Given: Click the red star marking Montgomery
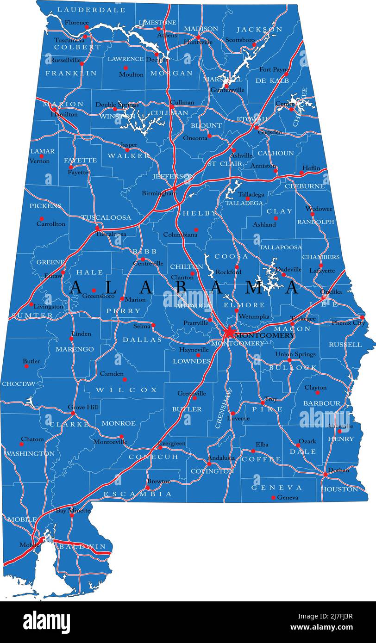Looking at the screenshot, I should (229, 333).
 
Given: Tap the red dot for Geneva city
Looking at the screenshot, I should (273, 498).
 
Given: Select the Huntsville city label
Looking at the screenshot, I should (198, 42).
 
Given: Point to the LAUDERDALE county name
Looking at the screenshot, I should (91, 10).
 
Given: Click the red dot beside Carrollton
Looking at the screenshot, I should (41, 219).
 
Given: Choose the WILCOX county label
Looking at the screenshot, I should (127, 390).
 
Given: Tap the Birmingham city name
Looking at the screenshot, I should (159, 193).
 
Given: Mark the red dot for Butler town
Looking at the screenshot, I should (26, 366).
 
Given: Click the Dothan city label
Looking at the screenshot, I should (338, 470).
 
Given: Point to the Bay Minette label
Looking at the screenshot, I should (73, 511).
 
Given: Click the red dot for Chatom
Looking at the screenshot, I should (21, 444).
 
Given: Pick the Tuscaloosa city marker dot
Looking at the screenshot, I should (97, 228).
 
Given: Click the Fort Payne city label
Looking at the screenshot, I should (274, 69).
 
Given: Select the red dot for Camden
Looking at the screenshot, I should (125, 379).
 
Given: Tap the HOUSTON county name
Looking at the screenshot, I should (339, 489).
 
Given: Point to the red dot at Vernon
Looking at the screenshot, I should (41, 156).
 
